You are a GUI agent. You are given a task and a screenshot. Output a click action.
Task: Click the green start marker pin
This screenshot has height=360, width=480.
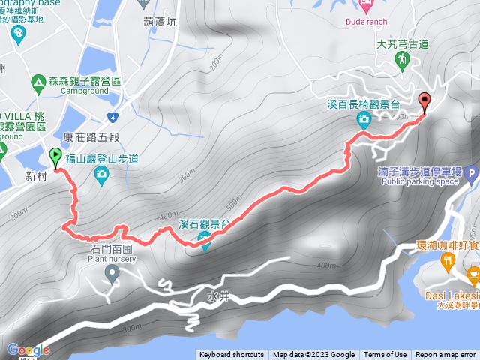(55, 157)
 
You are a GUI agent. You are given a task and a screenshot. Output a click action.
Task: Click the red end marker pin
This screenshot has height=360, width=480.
(426, 101)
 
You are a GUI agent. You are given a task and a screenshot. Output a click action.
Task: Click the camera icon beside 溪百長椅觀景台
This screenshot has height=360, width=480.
(364, 120)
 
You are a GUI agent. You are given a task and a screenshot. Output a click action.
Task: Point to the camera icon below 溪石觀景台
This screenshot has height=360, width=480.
(203, 239)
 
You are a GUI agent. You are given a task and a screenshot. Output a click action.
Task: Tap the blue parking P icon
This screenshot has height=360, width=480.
(472, 177)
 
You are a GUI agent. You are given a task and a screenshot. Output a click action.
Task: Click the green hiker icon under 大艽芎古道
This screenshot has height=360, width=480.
(402, 59)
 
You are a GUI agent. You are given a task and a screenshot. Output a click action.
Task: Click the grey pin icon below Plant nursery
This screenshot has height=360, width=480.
(113, 275)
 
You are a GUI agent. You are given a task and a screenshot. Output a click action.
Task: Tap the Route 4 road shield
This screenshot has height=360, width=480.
(112, 117)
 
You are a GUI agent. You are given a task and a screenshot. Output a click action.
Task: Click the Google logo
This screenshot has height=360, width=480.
(27, 349)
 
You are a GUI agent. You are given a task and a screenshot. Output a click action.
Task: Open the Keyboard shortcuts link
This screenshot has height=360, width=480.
(232, 355)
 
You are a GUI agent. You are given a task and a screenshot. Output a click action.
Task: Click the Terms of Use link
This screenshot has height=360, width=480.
(385, 355)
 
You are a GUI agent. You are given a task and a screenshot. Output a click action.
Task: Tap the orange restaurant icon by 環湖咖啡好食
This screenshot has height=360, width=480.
(448, 261)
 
